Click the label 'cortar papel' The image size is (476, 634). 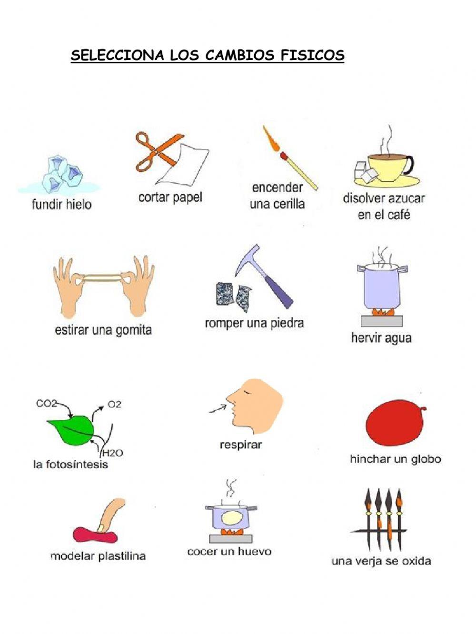170,197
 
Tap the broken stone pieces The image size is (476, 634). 233,295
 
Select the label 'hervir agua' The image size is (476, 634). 381,338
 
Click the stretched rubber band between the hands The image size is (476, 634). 103,277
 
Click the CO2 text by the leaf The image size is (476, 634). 46,404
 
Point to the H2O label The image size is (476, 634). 112,453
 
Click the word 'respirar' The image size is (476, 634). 240,445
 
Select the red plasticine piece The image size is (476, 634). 95,535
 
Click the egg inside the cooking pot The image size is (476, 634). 232,517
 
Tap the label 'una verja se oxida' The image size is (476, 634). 381,561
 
